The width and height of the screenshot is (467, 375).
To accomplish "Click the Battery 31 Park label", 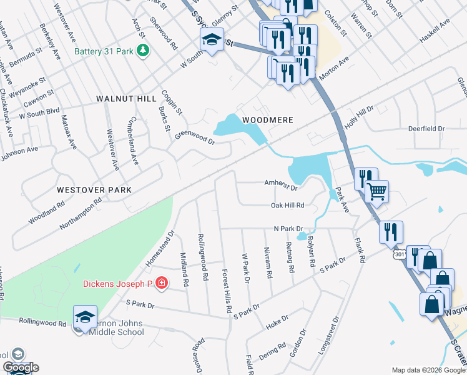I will tap(104, 51).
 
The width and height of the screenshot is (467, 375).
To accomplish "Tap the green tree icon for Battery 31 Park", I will tap(143, 50).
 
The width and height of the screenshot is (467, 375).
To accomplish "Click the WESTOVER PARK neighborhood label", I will tap(94, 189).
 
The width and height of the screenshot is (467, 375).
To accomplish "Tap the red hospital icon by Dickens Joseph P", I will tap(161, 284).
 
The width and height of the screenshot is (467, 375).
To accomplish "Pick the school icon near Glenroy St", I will tap(212, 41).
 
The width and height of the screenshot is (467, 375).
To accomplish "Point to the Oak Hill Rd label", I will tap(288, 205).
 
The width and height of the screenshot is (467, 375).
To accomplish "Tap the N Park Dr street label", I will tap(288, 229).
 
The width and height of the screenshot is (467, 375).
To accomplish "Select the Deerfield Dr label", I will tap(426, 128).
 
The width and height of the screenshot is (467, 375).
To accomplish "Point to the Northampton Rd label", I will tap(81, 212).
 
